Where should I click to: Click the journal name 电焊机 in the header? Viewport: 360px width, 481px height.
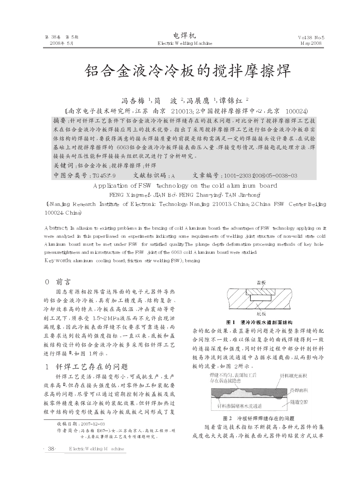point(185,36)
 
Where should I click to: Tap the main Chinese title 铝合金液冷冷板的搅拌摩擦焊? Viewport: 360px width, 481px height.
point(188,71)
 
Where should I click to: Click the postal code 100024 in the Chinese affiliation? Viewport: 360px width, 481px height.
point(296,112)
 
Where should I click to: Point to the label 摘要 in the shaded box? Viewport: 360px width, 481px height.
point(59,121)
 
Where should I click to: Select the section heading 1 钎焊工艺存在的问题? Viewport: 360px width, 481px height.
point(86,367)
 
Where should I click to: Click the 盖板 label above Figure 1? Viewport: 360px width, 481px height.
point(261,283)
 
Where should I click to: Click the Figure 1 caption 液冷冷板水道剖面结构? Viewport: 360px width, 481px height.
point(267,322)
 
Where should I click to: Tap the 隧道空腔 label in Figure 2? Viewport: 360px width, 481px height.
point(299,402)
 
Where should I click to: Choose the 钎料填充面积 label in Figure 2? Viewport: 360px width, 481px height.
point(293,375)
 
